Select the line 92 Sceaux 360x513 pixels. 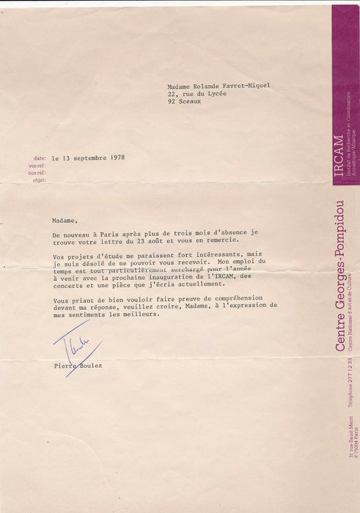(x=184, y=102)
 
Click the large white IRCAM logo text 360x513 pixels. (x=337, y=158)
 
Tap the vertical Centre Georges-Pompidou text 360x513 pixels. (x=339, y=275)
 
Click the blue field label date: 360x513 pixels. (x=39, y=158)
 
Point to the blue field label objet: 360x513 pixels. (x=38, y=180)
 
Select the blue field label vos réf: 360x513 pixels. (x=37, y=166)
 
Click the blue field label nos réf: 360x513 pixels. (x=37, y=173)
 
